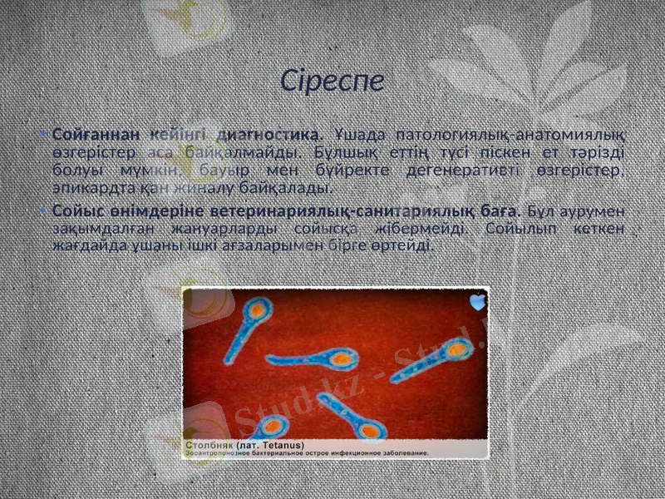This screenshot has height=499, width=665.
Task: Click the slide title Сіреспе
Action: pos(332,81)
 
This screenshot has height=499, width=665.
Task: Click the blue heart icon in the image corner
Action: pos(477,303)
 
